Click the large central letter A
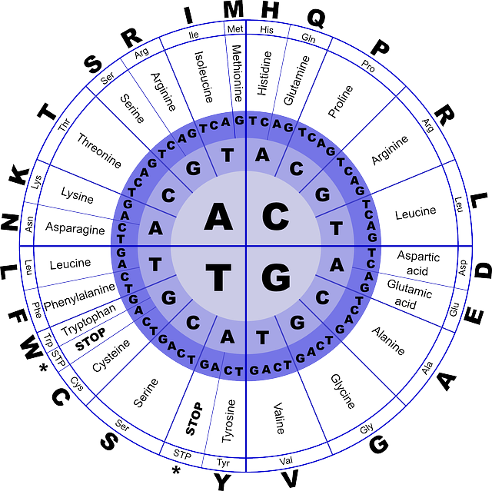(218, 217)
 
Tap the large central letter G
(276, 277)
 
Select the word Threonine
(99, 151)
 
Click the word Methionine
(237, 73)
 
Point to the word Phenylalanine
(80, 297)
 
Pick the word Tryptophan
(88, 320)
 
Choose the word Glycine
(343, 391)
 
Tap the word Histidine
(264, 73)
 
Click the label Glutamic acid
(409, 294)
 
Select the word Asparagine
(75, 228)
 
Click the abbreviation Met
(235, 29)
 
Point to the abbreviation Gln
(308, 38)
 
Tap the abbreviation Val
(286, 460)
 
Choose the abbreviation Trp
(48, 340)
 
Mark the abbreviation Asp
(463, 268)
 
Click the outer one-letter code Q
(316, 18)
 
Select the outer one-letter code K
(18, 175)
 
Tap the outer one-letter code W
(32, 346)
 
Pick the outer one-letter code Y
(222, 482)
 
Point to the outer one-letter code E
(474, 315)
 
